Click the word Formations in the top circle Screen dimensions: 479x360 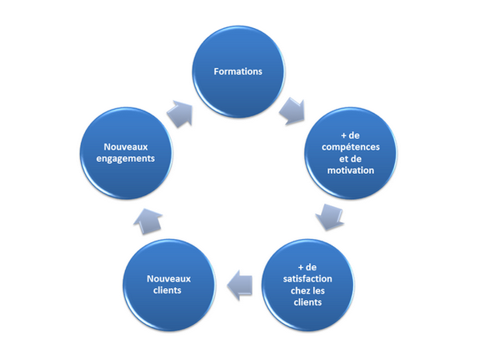(x=238, y=71)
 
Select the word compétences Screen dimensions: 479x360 (x=351, y=148)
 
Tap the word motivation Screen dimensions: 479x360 (x=351, y=171)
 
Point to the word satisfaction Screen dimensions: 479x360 (x=307, y=279)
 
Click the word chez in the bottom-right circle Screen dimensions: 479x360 (x=300, y=291)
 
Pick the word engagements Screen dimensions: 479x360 (x=125, y=159)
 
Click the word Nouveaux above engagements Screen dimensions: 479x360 (x=126, y=147)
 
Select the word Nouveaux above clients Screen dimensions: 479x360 (x=169, y=279)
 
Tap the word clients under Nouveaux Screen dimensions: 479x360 (x=168, y=290)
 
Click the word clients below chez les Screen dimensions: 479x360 (x=307, y=302)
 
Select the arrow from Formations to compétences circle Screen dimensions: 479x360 (x=293, y=111)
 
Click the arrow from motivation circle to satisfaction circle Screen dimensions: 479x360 (x=330, y=217)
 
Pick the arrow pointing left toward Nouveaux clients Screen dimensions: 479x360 (x=239, y=285)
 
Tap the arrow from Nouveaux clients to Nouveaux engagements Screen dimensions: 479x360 (x=148, y=221)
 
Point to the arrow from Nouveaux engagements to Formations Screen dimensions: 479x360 (x=181, y=114)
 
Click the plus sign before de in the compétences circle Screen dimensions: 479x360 (x=344, y=136)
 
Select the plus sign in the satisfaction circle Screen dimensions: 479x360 (x=301, y=268)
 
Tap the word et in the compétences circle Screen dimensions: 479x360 (x=343, y=159)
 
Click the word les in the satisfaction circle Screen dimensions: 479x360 (x=318, y=291)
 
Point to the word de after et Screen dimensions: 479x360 (x=356, y=159)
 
